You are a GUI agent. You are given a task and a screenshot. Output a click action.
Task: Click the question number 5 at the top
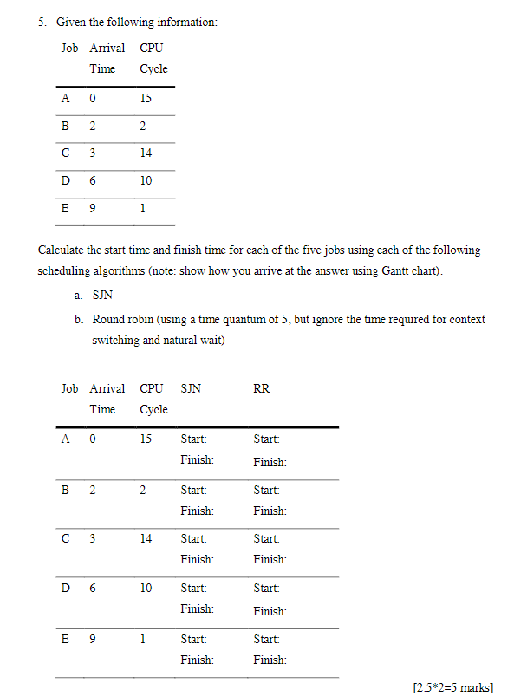[x=41, y=22]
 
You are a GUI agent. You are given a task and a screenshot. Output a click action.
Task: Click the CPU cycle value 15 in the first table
[x=146, y=98]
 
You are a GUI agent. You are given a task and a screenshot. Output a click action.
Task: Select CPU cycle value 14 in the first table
[x=146, y=153]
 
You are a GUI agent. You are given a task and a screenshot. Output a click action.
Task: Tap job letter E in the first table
[x=66, y=208]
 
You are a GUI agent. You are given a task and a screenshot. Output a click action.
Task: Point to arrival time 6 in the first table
[x=93, y=180]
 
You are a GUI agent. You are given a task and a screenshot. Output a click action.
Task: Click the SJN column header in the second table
[x=191, y=388]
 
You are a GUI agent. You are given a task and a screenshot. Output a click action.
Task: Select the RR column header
[x=261, y=388]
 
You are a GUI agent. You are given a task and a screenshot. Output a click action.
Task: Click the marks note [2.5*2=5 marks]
[x=453, y=686]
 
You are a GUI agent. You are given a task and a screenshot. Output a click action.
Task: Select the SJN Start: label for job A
[x=193, y=439]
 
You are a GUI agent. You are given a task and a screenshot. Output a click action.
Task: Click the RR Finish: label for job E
[x=270, y=660]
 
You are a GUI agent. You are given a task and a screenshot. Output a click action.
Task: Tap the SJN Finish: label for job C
[x=197, y=559]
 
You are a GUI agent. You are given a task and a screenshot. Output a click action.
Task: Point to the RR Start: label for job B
[x=266, y=489]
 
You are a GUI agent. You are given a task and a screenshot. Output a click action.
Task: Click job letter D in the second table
[x=66, y=588]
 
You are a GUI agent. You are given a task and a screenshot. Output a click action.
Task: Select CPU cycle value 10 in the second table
[x=146, y=588]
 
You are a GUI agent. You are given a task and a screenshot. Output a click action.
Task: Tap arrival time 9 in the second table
[x=93, y=640]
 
